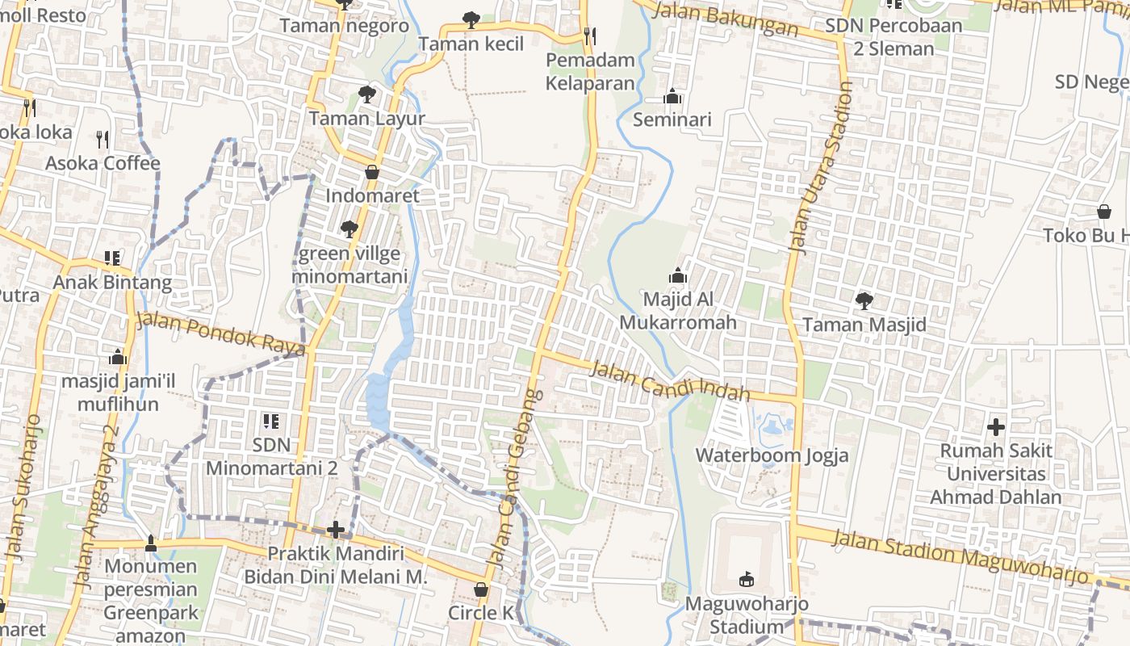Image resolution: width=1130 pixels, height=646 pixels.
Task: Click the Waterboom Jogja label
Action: [772, 455]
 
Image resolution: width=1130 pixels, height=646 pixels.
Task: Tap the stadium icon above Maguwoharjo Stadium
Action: [747, 579]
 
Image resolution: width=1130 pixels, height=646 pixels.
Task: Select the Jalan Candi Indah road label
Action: [670, 381]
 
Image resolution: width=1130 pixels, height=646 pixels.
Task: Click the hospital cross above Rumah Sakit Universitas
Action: [996, 426]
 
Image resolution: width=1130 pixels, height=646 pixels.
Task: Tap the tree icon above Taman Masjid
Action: [864, 301]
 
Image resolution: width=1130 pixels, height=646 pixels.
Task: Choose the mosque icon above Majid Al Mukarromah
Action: [678, 275]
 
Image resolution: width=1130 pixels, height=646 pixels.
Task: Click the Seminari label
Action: [672, 120]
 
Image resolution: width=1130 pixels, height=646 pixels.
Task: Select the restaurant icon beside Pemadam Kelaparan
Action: [590, 36]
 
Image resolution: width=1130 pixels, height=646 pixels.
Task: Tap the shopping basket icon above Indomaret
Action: [372, 172]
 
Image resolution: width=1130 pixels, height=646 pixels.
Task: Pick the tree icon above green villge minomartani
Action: [349, 229]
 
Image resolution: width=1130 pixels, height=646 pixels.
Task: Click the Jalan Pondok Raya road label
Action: [220, 332]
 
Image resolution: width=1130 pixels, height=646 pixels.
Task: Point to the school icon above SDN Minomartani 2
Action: [271, 421]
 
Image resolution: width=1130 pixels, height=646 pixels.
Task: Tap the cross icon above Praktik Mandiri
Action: [336, 530]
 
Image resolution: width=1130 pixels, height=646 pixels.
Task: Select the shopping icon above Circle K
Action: [481, 589]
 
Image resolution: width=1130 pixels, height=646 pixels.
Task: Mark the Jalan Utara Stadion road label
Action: [821, 169]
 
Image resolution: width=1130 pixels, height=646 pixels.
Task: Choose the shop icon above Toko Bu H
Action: [1103, 212]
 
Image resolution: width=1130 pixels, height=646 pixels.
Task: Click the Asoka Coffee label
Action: [103, 163]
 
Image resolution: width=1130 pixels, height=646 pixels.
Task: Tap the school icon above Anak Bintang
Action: [112, 258]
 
